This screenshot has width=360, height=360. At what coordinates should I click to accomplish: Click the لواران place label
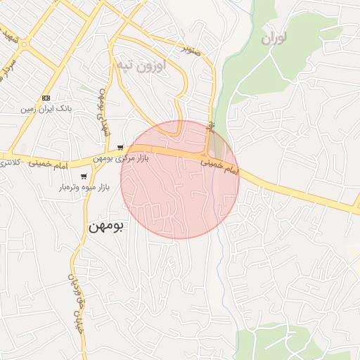(276, 39)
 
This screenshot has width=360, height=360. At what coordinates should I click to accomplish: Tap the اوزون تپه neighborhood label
(141, 65)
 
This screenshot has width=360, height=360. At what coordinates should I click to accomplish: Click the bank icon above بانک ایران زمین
(46, 98)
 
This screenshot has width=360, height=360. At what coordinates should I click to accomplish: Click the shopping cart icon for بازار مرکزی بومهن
(121, 148)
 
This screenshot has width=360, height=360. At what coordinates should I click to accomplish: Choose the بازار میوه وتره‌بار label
(84, 188)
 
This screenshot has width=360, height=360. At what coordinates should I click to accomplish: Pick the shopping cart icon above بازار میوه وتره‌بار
(84, 176)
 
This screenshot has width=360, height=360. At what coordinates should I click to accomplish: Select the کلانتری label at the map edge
(10, 162)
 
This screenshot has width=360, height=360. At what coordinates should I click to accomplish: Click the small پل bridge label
(210, 125)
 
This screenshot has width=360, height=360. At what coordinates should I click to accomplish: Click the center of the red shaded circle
(180, 179)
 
